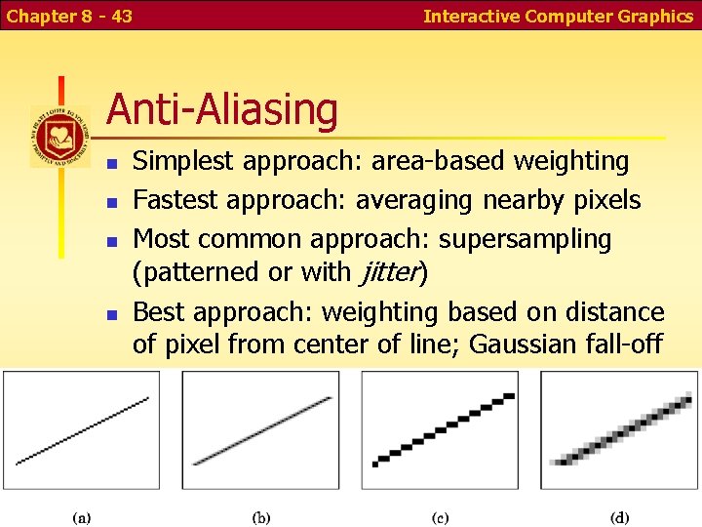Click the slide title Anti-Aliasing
(x=221, y=109)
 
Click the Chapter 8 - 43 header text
(x=70, y=16)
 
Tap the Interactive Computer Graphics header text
(x=558, y=16)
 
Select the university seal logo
(x=59, y=136)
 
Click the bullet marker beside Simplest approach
(x=112, y=163)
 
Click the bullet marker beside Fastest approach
(x=112, y=202)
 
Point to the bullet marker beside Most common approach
(x=112, y=240)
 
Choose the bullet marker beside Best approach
(x=112, y=314)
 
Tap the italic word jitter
(x=389, y=272)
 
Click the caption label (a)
(x=83, y=516)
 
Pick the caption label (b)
(x=261, y=516)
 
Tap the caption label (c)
(x=440, y=516)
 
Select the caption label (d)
(x=619, y=516)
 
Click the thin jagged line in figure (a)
(x=83, y=429)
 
